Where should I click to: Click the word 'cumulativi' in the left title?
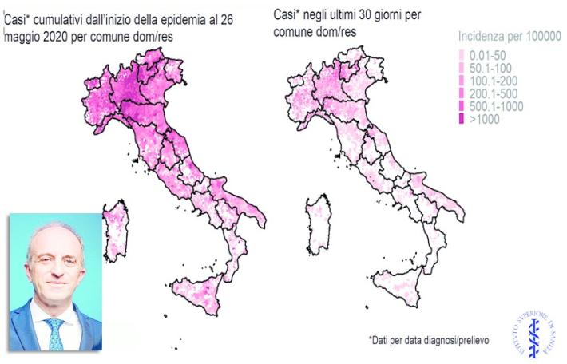click(x=58, y=22)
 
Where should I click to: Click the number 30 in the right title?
click(x=360, y=19)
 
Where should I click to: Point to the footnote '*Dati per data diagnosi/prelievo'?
click(x=429, y=341)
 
